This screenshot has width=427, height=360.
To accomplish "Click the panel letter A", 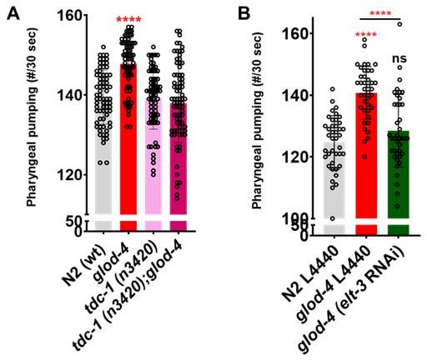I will coord(13,15).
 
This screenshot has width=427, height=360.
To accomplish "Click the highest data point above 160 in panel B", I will coord(399,25).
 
